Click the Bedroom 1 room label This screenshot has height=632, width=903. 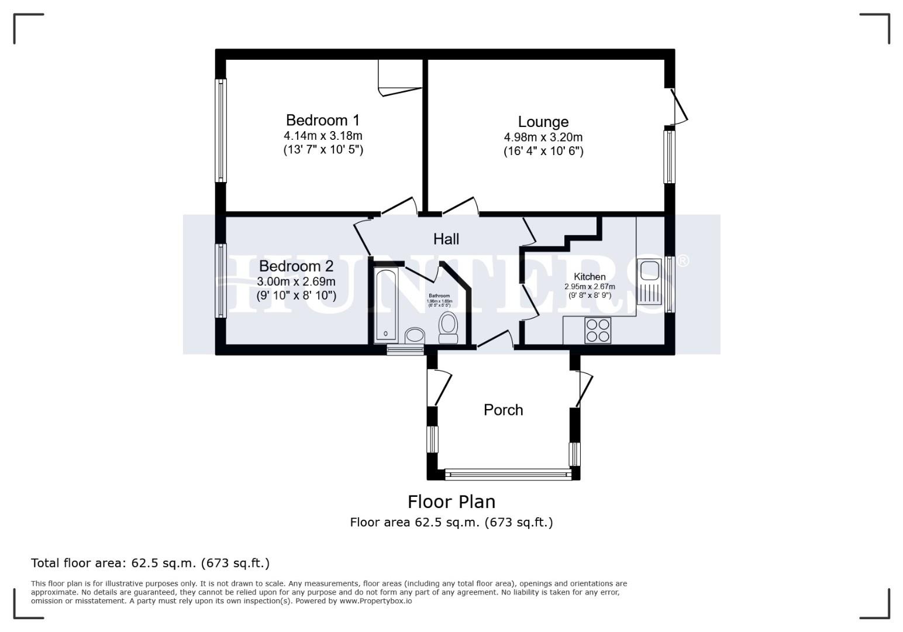pos(323,121)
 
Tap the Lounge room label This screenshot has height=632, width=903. pos(543,122)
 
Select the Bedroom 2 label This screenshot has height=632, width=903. pos(296,266)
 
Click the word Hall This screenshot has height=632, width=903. pos(446,239)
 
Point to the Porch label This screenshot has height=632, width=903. pos(503,410)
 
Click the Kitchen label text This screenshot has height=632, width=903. pos(590,277)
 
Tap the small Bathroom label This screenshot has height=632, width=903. pos(439,296)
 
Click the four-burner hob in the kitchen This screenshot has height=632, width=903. pos(598,330)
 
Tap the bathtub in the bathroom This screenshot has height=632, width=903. pos(386,304)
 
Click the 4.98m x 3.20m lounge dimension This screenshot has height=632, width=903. pos(543,138)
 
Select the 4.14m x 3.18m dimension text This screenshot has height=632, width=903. pos(323,136)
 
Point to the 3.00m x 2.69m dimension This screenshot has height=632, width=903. pos(296,281)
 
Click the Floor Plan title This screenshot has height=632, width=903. pos(451,502)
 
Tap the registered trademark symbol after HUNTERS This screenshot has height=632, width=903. pos(683,260)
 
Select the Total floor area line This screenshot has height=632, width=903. pos(150,563)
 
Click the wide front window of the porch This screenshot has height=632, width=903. pos(508,473)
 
